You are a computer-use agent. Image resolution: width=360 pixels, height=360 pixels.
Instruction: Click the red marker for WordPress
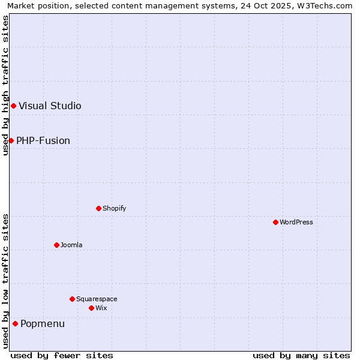pos(275,222)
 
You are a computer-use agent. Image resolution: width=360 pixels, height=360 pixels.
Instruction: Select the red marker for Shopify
pos(98,208)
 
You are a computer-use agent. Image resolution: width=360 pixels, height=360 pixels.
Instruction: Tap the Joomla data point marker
pos(56,245)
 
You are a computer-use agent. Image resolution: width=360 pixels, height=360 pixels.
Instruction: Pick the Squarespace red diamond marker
pos(72,299)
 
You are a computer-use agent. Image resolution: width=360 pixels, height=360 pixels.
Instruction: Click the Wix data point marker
pos(91,308)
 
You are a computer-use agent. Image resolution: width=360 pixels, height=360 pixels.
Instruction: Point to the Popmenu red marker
pos(15,323)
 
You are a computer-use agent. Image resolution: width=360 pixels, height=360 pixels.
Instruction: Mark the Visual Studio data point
pos(13,106)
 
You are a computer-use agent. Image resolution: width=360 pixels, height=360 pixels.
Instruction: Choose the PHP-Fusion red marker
pos(11,140)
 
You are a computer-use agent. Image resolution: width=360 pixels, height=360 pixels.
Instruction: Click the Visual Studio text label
pos(50,106)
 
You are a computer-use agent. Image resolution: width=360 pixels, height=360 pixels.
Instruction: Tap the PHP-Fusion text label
pos(43,140)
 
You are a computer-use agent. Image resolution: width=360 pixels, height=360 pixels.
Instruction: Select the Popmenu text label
pos(43,324)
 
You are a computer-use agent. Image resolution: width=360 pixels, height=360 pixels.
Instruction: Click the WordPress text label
pos(296,222)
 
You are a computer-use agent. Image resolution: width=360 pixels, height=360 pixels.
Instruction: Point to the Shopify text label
pos(114,208)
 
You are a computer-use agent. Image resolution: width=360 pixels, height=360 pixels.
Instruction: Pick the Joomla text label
pos(71,245)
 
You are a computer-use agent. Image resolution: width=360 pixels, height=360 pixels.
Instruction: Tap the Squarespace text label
pos(97,299)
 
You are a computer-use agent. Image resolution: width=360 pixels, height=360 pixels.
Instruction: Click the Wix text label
pos(101,308)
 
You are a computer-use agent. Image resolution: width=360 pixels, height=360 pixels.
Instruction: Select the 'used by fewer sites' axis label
pos(62,355)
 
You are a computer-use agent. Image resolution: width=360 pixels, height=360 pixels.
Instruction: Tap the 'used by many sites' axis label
pos(301,355)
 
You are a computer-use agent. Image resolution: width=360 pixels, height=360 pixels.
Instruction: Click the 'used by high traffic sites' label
pos(5,85)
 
